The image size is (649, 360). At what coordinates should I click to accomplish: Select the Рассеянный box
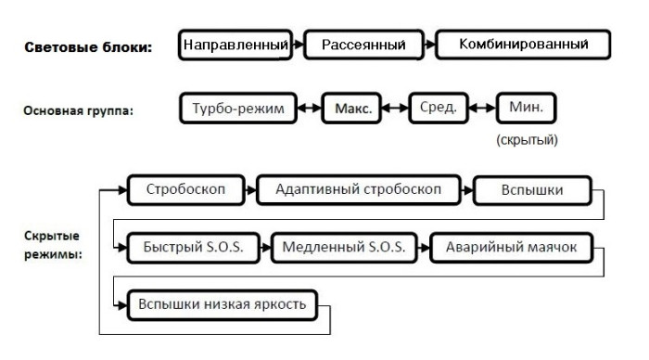pyautogui.click(x=363, y=44)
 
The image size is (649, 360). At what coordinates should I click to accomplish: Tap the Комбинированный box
pyautogui.click(x=523, y=44)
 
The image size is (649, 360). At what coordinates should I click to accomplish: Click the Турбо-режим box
pyautogui.click(x=239, y=108)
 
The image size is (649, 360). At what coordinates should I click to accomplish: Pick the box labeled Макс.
pyautogui.click(x=353, y=108)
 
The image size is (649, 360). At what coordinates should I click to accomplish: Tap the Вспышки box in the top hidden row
pyautogui.click(x=531, y=191)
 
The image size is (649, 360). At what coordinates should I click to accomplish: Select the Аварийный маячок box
pyautogui.click(x=511, y=248)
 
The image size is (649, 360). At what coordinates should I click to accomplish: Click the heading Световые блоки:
pyautogui.click(x=87, y=46)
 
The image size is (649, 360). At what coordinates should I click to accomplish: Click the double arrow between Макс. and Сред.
pyautogui.click(x=393, y=109)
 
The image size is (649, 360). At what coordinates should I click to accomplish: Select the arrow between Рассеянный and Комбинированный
pyautogui.click(x=428, y=44)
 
